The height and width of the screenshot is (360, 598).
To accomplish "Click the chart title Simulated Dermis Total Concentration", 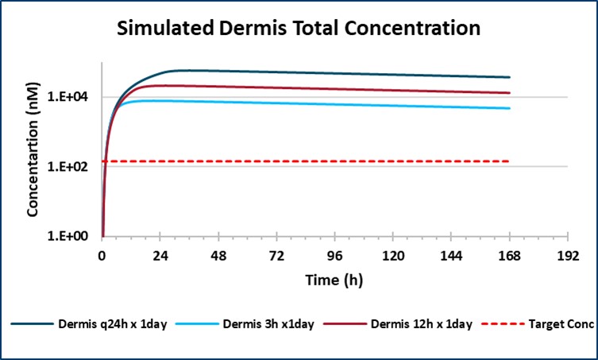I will pyautogui.click(x=299, y=30).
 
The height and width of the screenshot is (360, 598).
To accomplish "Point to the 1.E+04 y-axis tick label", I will pyautogui.click(x=75, y=97).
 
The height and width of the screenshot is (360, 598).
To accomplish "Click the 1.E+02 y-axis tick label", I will pyautogui.click(x=75, y=167).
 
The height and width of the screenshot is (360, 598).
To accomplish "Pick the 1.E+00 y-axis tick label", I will pyautogui.click(x=75, y=237).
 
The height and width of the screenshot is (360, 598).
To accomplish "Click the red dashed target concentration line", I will pyautogui.click(x=318, y=161).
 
